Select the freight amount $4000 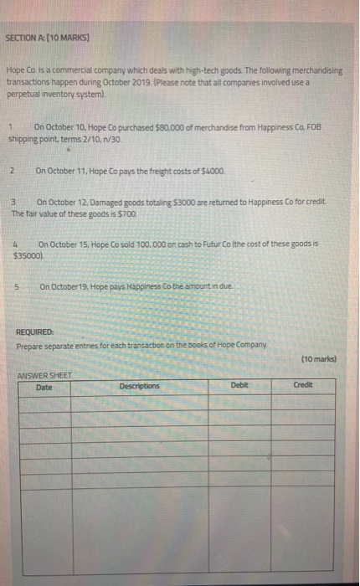click(x=213, y=172)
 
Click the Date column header click(x=44, y=386)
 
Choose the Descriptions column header click(x=139, y=386)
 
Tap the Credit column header click(x=303, y=385)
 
